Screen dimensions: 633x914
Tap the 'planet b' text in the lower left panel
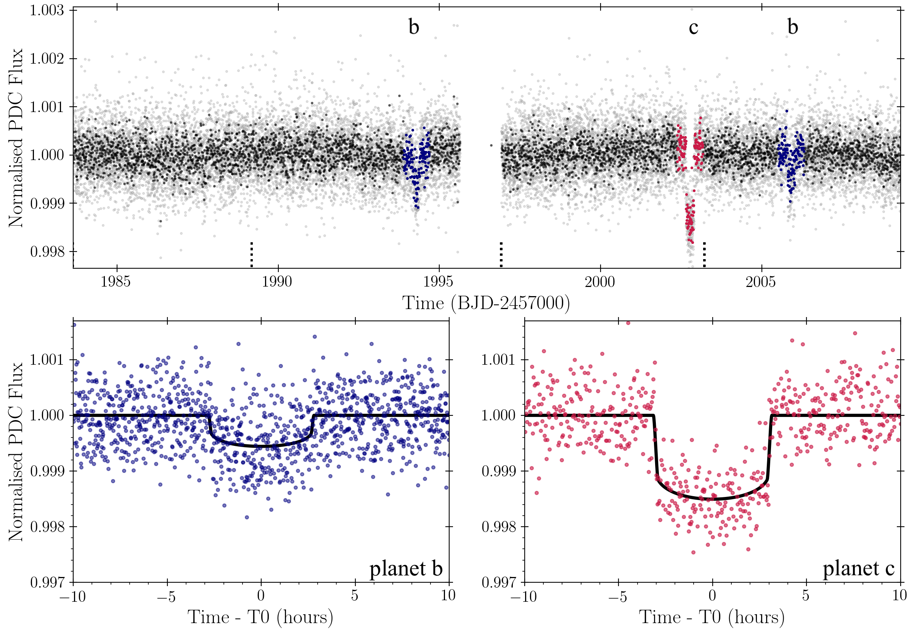click(x=406, y=568)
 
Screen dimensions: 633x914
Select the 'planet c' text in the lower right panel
click(x=858, y=568)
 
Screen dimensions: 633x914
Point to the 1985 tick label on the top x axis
click(x=116, y=282)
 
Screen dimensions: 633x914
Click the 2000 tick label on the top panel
click(x=599, y=282)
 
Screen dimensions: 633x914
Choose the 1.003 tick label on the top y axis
click(x=47, y=10)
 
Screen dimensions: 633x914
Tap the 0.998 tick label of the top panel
click(x=47, y=252)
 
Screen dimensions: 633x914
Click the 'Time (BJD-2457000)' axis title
click(x=486, y=303)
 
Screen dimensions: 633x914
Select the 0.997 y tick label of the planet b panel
click(x=47, y=583)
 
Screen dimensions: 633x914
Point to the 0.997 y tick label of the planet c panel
click(x=498, y=583)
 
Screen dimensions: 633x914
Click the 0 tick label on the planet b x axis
click(x=261, y=595)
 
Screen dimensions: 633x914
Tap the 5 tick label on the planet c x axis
click(x=805, y=595)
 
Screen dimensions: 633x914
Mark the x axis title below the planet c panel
click(x=711, y=617)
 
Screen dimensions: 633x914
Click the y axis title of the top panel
click(x=16, y=138)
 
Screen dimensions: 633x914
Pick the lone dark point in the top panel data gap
click(x=492, y=146)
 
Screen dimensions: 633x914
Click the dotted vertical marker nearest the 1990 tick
click(x=251, y=254)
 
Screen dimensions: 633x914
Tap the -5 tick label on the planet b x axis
click(x=167, y=595)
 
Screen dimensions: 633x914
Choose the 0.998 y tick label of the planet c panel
click(x=498, y=527)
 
